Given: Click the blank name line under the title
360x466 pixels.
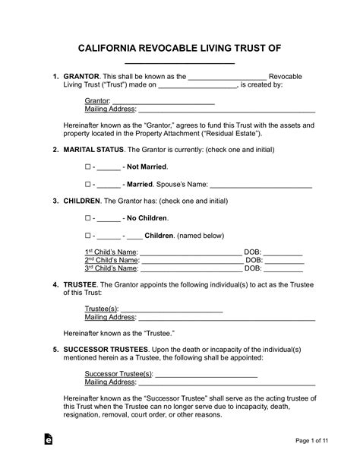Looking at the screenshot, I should coord(179,64).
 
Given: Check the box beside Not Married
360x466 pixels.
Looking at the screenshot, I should coord(87,166).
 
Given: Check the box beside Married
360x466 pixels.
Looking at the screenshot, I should coord(87,184).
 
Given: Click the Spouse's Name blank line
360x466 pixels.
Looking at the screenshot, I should coord(261,184).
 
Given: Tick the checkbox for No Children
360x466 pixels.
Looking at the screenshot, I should coord(87,218).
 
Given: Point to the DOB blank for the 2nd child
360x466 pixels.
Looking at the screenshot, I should coord(284,260).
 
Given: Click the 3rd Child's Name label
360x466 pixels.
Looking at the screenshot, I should coord(111,268).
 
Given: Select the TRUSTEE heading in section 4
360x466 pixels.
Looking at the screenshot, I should coord(80,285).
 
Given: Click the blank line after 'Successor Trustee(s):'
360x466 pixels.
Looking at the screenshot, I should coord(207,374).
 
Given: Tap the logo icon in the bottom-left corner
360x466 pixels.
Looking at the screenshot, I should coord(48,440).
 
